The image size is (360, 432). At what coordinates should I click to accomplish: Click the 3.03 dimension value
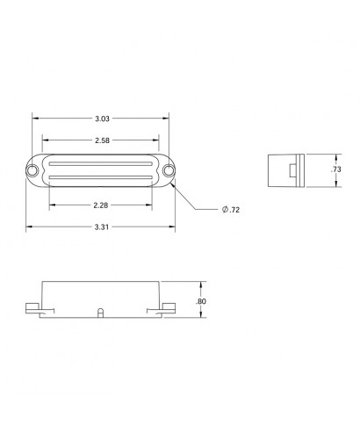pos(102,119)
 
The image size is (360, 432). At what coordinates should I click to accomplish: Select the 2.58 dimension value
pos(102,140)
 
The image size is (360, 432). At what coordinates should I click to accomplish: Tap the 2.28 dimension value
pos(101,205)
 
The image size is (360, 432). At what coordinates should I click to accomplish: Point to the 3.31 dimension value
pos(102,227)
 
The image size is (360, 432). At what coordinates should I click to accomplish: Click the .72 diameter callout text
pos(234,210)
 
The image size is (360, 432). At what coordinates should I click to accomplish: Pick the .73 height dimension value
pos(336,169)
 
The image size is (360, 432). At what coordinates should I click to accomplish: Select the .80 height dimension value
pos(201,301)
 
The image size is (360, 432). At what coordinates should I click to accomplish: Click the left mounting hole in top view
pos(32,170)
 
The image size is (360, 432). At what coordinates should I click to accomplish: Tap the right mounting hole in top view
pos(169,170)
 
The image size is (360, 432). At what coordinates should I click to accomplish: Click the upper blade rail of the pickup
pos(101,164)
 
